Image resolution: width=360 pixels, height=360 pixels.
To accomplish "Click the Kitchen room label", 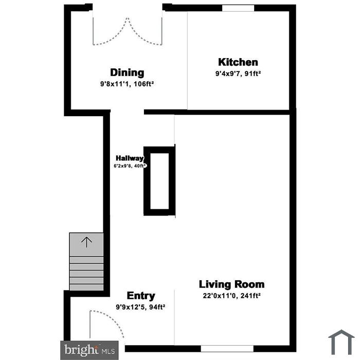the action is pos(238,62).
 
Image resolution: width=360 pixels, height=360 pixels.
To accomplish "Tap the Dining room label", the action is pos(127,73).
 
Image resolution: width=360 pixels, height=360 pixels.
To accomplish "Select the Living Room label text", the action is pos(231,284).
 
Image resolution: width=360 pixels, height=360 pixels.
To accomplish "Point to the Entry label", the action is pos(141,296).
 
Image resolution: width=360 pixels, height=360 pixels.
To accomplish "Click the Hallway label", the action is pos(130,158).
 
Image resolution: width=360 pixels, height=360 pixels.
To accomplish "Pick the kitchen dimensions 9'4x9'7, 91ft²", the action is pos(238,74).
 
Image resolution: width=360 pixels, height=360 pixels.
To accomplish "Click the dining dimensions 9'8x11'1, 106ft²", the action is pos(127,84).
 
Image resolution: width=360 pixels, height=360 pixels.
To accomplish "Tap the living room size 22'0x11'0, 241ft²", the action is pos(231,296).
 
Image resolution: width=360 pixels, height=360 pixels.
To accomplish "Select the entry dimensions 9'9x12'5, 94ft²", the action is pos(140,307).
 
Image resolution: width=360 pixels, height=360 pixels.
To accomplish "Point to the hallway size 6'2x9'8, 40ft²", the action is pos(130,166).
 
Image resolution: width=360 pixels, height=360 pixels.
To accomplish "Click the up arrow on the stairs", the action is pos(86,242).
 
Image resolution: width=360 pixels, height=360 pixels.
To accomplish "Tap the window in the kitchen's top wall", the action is pos(238,8).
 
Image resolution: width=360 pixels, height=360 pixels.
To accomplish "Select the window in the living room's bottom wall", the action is pos(227,349).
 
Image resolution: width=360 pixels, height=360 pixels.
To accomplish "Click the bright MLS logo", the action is pos(89,350).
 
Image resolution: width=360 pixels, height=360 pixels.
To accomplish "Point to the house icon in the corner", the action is pos(341,342).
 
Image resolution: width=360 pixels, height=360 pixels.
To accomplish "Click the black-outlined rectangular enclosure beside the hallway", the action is pos(159,181).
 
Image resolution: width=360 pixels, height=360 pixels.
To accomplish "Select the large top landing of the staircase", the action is pos(86,244).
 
